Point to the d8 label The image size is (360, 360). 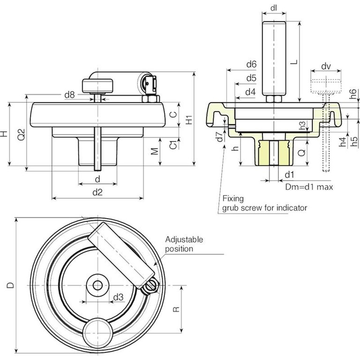tap(69, 95)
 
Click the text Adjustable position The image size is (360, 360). tap(184, 244)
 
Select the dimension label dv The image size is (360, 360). tap(327, 66)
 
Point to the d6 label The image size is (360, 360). tap(251, 64)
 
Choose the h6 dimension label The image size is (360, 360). tap(354, 94)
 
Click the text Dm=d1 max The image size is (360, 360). tap(309, 187)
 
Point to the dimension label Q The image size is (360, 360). tap(302, 152)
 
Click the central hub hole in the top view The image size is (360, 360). tap(97, 285)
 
